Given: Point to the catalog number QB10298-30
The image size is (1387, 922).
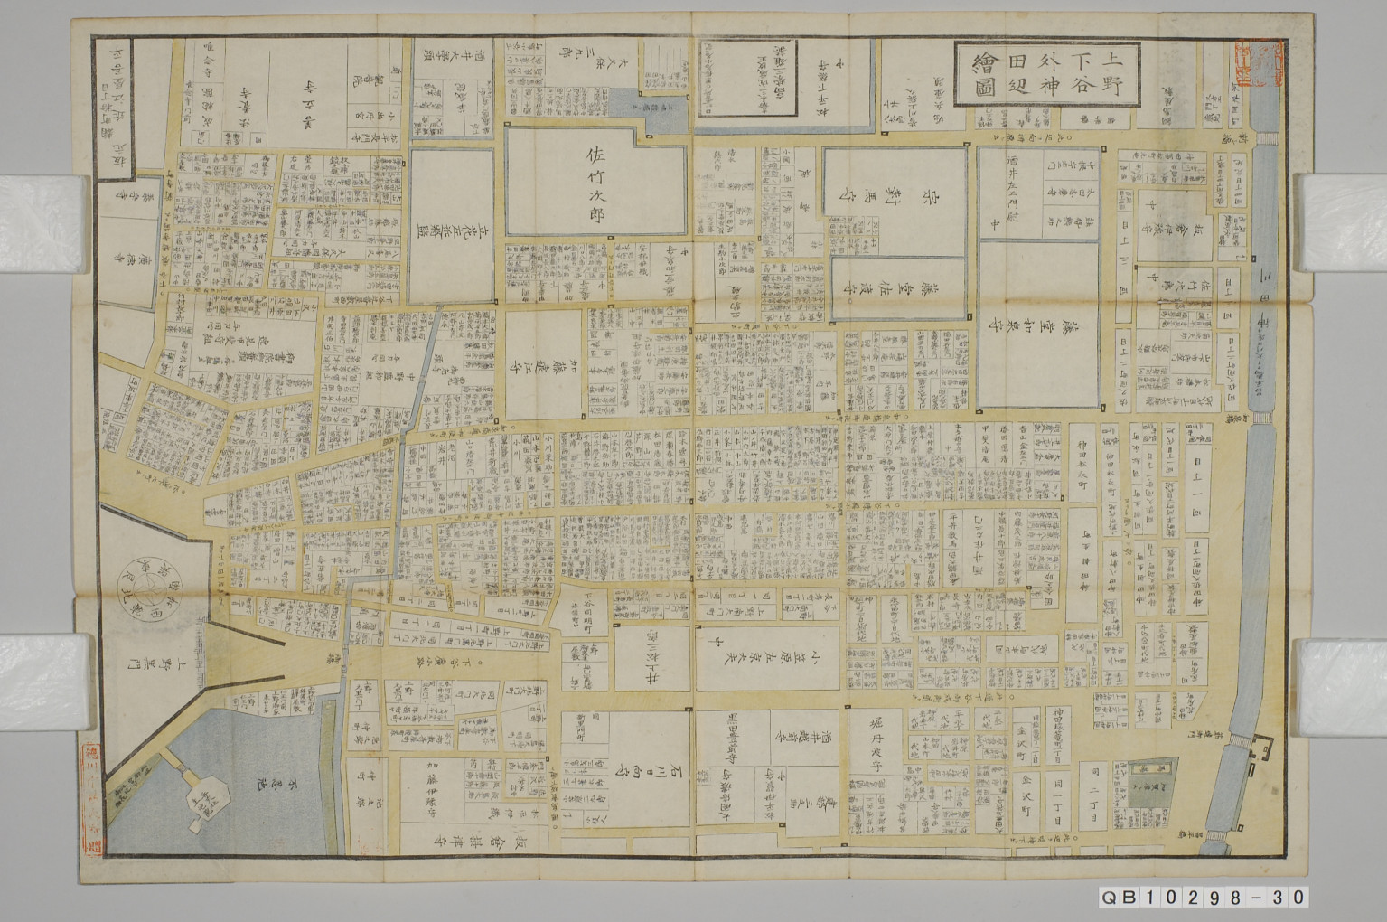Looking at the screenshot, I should (1203, 897).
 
